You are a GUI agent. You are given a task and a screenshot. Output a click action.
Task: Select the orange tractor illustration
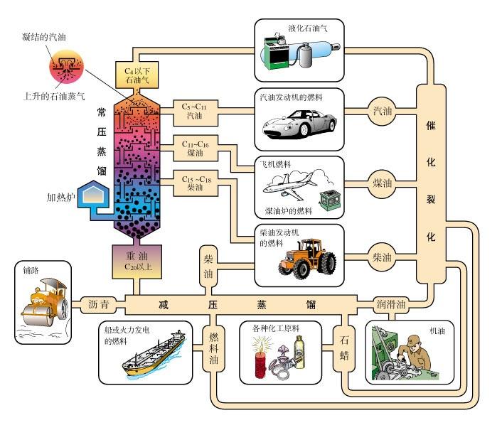[306, 255]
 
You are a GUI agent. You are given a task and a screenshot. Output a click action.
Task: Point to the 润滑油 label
[391, 304]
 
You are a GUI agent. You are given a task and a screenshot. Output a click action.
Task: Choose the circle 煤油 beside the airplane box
[382, 182]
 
